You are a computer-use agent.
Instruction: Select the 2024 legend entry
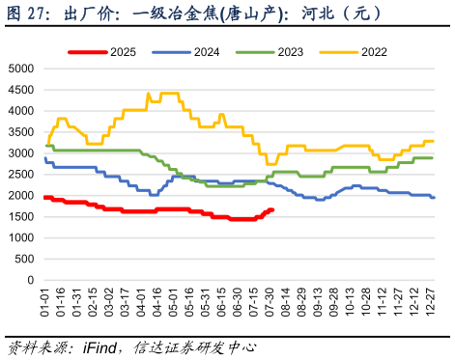[x=205, y=51]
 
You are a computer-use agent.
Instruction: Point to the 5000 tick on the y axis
[x=21, y=69]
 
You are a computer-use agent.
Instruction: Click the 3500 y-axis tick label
[x=21, y=131]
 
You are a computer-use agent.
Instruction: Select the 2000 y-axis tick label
[x=21, y=195]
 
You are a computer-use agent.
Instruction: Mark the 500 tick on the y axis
[x=25, y=259]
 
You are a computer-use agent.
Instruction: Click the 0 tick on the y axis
[x=32, y=280]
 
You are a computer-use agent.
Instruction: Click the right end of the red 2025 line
[x=272, y=209]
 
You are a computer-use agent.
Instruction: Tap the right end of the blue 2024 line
[x=434, y=197]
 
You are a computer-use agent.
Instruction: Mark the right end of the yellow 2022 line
[x=434, y=141]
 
